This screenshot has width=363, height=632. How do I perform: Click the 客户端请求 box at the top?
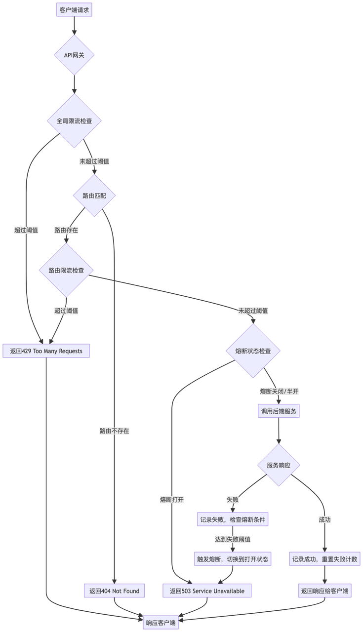[x=74, y=10]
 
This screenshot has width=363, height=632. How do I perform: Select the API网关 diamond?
[x=74, y=55]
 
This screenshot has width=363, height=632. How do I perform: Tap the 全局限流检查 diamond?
[x=74, y=120]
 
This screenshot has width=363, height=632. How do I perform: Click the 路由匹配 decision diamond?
[x=94, y=196]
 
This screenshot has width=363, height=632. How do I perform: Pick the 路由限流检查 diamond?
[x=66, y=270]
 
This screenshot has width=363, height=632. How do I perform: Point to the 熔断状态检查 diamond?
[x=253, y=351]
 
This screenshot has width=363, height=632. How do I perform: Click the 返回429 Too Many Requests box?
[x=46, y=351]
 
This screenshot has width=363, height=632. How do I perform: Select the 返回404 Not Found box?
[x=115, y=591]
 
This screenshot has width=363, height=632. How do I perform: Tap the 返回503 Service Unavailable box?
[x=207, y=591]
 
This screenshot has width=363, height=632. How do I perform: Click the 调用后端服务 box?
[x=279, y=411]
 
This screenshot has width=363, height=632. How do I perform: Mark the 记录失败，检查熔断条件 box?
[x=234, y=520]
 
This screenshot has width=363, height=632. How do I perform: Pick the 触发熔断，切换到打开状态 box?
[x=232, y=559]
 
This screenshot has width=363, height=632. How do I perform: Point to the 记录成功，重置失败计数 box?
[x=325, y=559]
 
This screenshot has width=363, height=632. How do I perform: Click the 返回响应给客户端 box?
[x=325, y=591]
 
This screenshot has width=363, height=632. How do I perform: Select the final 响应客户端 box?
[x=161, y=623]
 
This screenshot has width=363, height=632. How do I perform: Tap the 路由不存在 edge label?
[x=115, y=431]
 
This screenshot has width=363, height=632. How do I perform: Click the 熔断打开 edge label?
[x=172, y=500]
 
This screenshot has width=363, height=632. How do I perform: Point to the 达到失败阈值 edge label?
[x=232, y=539]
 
